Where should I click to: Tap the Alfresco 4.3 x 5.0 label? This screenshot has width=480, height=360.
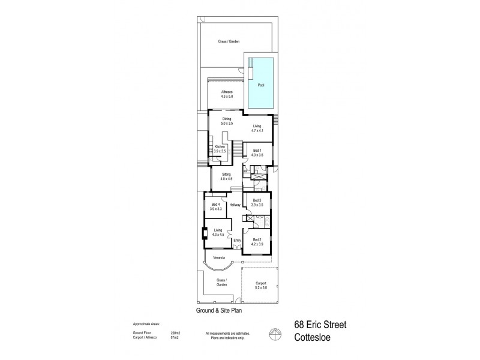pos(218,94)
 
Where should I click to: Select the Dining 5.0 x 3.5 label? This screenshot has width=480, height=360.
pos(227,121)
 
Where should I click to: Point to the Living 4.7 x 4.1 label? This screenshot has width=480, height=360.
pos(257,128)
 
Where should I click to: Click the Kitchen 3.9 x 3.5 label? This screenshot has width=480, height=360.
pos(220,149)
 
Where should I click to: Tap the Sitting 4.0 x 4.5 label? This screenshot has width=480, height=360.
pos(226,177)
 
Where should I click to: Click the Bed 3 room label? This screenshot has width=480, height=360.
pos(257,202)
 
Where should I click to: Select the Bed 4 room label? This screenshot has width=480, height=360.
pos(217,206)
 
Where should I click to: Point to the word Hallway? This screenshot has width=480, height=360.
pos(235,205)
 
